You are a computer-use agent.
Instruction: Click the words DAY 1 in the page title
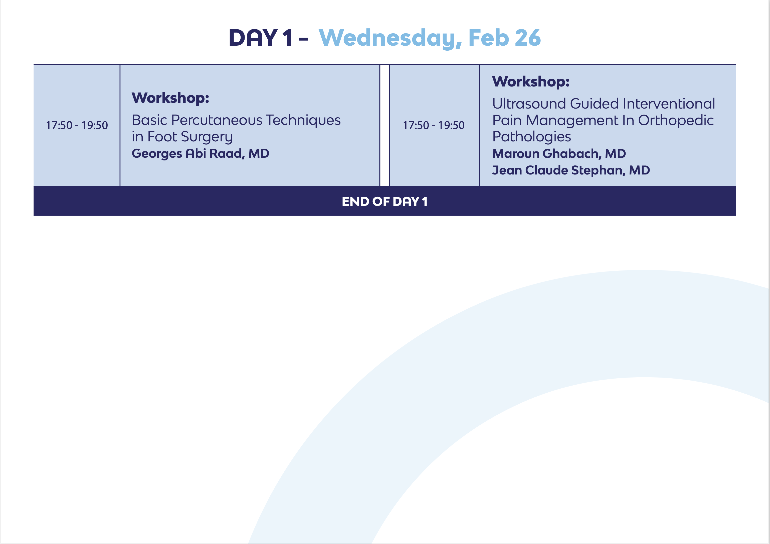261,38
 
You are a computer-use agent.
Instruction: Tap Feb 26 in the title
505,38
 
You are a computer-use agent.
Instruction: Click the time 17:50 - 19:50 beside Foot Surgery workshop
77,125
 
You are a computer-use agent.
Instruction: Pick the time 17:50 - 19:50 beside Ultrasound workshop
434,125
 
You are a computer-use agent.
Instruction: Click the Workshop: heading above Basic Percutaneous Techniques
170,98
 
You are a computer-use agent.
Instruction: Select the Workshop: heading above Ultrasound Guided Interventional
531,82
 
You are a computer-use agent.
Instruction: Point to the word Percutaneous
217,120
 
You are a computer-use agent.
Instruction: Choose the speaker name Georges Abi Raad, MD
201,153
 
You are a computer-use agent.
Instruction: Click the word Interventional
669,104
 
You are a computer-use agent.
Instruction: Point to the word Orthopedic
676,121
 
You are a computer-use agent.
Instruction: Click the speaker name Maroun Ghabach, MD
559,154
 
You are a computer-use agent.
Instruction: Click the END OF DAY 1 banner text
385,202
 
